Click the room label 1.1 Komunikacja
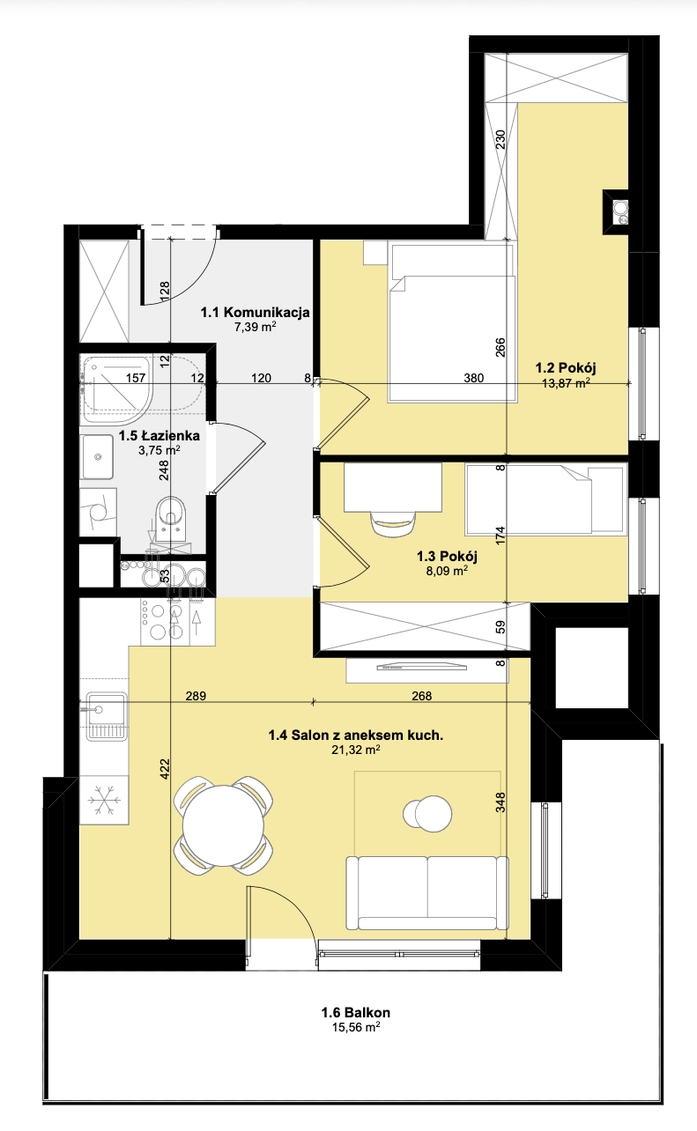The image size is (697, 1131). (x=255, y=312)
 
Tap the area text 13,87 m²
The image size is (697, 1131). (x=566, y=382)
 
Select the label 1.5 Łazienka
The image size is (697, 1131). (x=159, y=435)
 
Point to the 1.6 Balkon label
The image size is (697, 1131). (x=356, y=1012)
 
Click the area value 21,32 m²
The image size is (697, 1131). (x=356, y=750)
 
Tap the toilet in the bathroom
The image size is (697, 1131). (x=171, y=519)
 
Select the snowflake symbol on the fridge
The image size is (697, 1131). (x=104, y=800)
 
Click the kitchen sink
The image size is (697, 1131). (x=106, y=716)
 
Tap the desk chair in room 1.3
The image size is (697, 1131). (x=394, y=523)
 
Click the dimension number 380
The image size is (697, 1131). (x=474, y=378)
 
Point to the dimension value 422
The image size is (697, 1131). (x=165, y=769)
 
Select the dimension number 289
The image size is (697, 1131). (x=196, y=696)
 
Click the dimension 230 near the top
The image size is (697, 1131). (x=500, y=140)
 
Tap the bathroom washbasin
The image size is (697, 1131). (x=98, y=457)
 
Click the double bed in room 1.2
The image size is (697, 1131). (x=453, y=322)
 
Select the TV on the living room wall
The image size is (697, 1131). (x=422, y=667)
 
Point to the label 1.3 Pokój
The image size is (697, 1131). (x=447, y=556)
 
